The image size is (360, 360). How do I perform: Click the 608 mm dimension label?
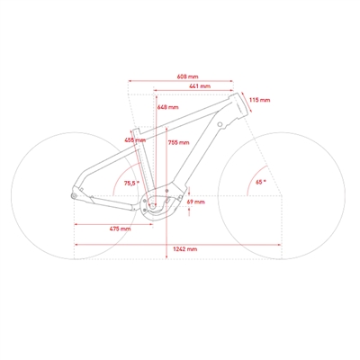(187, 76)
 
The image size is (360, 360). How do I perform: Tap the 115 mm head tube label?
(260, 100)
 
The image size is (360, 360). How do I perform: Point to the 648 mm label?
(168, 107)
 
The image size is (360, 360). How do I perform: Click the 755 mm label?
(178, 142)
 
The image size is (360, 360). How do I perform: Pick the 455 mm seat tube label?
(135, 140)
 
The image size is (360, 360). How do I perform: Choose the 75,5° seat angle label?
(132, 183)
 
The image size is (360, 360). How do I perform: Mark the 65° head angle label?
(260, 182)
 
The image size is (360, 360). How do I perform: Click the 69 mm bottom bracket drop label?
(195, 202)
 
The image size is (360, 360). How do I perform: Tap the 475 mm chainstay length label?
(120, 229)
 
